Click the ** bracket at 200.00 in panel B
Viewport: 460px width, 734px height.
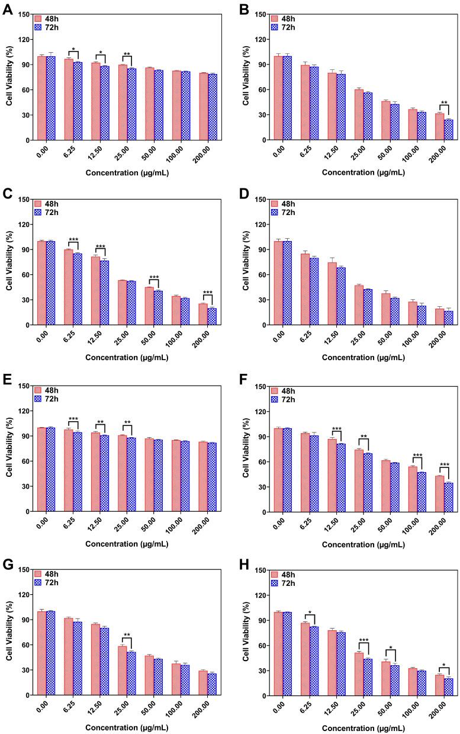(x=444, y=106)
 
